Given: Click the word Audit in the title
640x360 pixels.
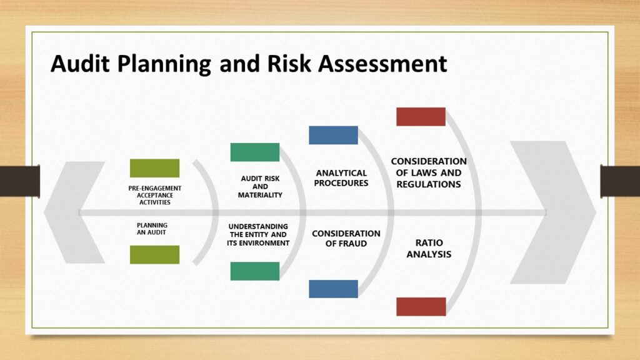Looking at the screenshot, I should (x=82, y=64).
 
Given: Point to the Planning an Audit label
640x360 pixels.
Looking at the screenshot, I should (x=152, y=228).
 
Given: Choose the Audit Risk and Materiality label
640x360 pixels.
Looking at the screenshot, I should (x=260, y=186).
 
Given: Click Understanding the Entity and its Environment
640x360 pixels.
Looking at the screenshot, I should (x=258, y=234).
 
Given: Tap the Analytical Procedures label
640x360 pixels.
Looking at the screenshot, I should (x=341, y=178).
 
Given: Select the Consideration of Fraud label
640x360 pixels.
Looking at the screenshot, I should (x=346, y=238).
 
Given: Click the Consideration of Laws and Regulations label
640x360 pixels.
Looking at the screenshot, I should (x=429, y=172).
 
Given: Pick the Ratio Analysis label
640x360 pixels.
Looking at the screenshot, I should (x=429, y=248).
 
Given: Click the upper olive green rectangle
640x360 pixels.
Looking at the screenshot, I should (x=154, y=168).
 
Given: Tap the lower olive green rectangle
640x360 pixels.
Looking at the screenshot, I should (x=154, y=254).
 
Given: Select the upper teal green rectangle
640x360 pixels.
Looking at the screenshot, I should (x=255, y=152).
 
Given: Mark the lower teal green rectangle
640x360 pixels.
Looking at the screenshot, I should (x=255, y=271).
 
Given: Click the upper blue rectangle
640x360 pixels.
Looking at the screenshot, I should (x=333, y=135).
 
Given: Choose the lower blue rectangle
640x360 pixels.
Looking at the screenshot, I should (x=333, y=289).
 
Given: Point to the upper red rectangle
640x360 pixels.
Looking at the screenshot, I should (x=421, y=117).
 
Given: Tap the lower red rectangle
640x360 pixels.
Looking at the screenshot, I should (x=421, y=306).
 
